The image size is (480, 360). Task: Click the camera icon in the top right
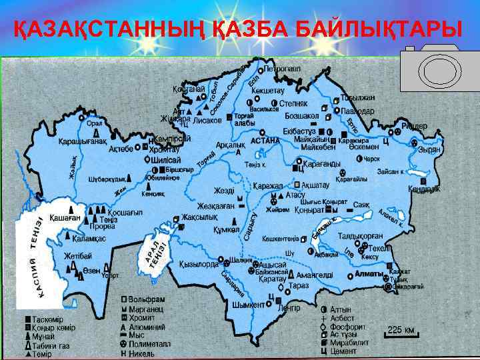[434, 69]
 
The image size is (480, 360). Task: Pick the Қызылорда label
[199, 264]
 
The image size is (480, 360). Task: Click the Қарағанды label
[321, 164]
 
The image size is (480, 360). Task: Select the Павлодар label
[357, 111]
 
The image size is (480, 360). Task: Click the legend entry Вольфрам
[149, 301]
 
